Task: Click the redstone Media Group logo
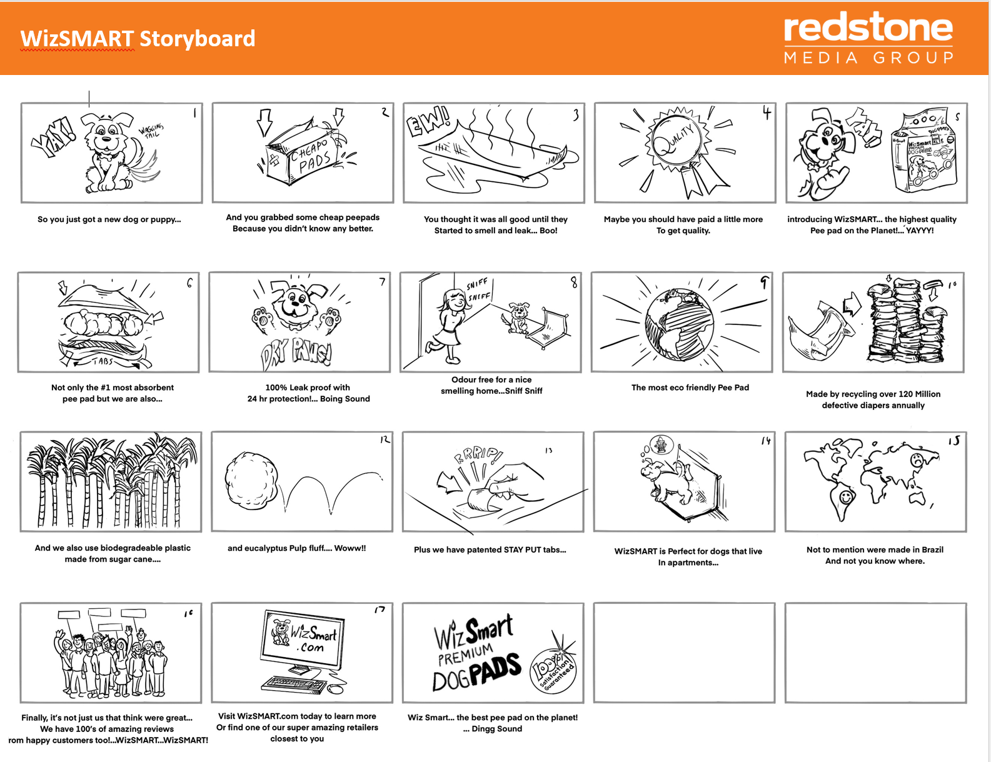[x=868, y=38]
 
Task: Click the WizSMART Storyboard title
[x=138, y=38]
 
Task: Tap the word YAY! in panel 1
[x=53, y=137]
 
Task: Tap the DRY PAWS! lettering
[x=296, y=354]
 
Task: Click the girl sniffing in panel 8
[x=449, y=325]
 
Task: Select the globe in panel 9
[x=680, y=324]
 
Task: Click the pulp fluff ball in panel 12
[x=251, y=480]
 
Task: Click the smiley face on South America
[x=846, y=496]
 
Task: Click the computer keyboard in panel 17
[x=294, y=684]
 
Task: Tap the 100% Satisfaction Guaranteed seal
[x=553, y=670]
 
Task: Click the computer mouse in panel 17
[x=336, y=689]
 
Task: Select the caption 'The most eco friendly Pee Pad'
[x=690, y=388]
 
